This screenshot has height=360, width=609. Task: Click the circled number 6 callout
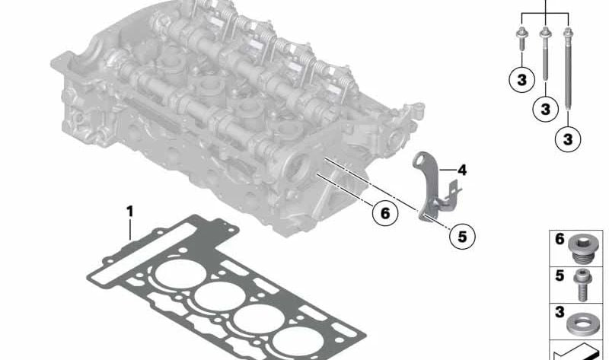tap(385, 213)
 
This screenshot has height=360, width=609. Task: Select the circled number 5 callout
tap(462, 236)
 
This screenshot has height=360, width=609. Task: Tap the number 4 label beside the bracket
tap(462, 170)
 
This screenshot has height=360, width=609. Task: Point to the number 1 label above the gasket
tap(129, 212)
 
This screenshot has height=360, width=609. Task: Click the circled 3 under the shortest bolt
tap(522, 80)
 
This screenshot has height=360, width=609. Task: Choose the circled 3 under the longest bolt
tap(568, 139)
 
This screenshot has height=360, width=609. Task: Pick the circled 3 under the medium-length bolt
tap(545, 109)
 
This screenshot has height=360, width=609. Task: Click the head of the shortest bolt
tap(521, 33)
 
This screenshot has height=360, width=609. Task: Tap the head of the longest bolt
tap(567, 32)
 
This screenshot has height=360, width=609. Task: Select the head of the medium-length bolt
tap(545, 32)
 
